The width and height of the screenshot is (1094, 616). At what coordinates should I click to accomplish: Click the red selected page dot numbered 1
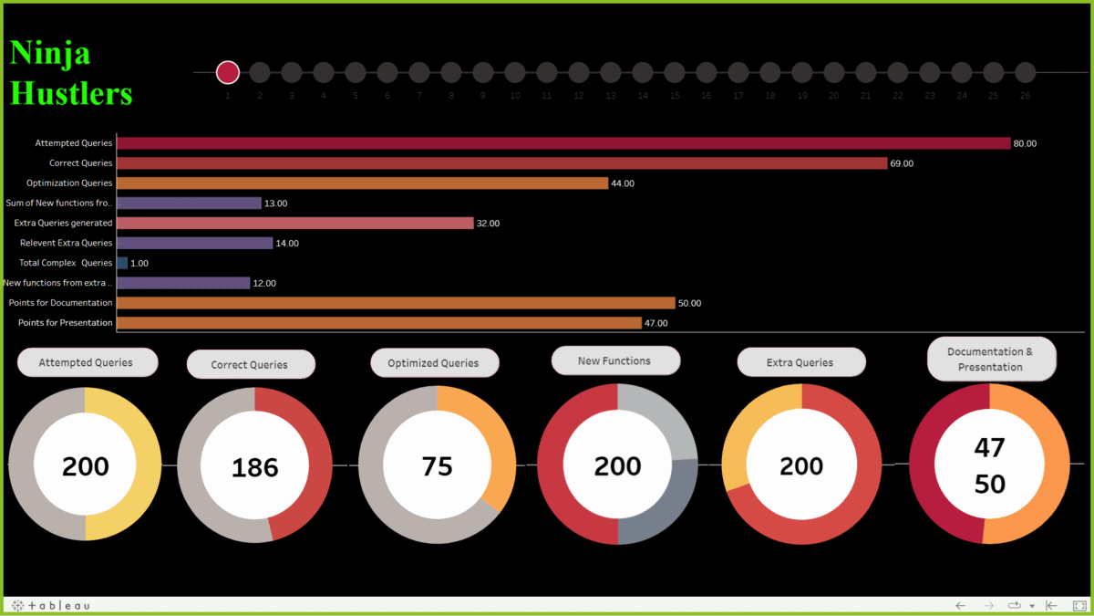228,72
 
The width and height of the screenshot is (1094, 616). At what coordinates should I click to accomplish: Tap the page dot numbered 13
611,72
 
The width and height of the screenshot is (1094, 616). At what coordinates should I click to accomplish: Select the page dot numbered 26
1026,72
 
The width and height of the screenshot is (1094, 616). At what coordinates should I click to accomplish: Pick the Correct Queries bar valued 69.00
501,163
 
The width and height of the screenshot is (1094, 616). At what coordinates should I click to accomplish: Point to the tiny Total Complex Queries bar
122,263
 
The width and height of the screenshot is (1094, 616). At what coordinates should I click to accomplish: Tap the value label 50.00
690,303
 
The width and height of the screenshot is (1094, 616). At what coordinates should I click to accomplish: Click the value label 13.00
275,204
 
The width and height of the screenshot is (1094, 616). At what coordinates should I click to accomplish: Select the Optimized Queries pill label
434,363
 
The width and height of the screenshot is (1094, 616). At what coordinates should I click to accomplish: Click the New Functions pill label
614,360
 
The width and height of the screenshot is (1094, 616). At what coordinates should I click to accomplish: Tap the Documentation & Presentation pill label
991,360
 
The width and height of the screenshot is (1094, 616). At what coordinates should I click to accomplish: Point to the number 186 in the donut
254,467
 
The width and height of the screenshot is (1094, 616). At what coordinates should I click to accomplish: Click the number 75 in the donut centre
437,466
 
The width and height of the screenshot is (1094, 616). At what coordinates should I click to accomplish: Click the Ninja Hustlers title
71,73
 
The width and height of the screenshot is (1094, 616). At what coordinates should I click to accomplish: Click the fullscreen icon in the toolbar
1079,606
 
